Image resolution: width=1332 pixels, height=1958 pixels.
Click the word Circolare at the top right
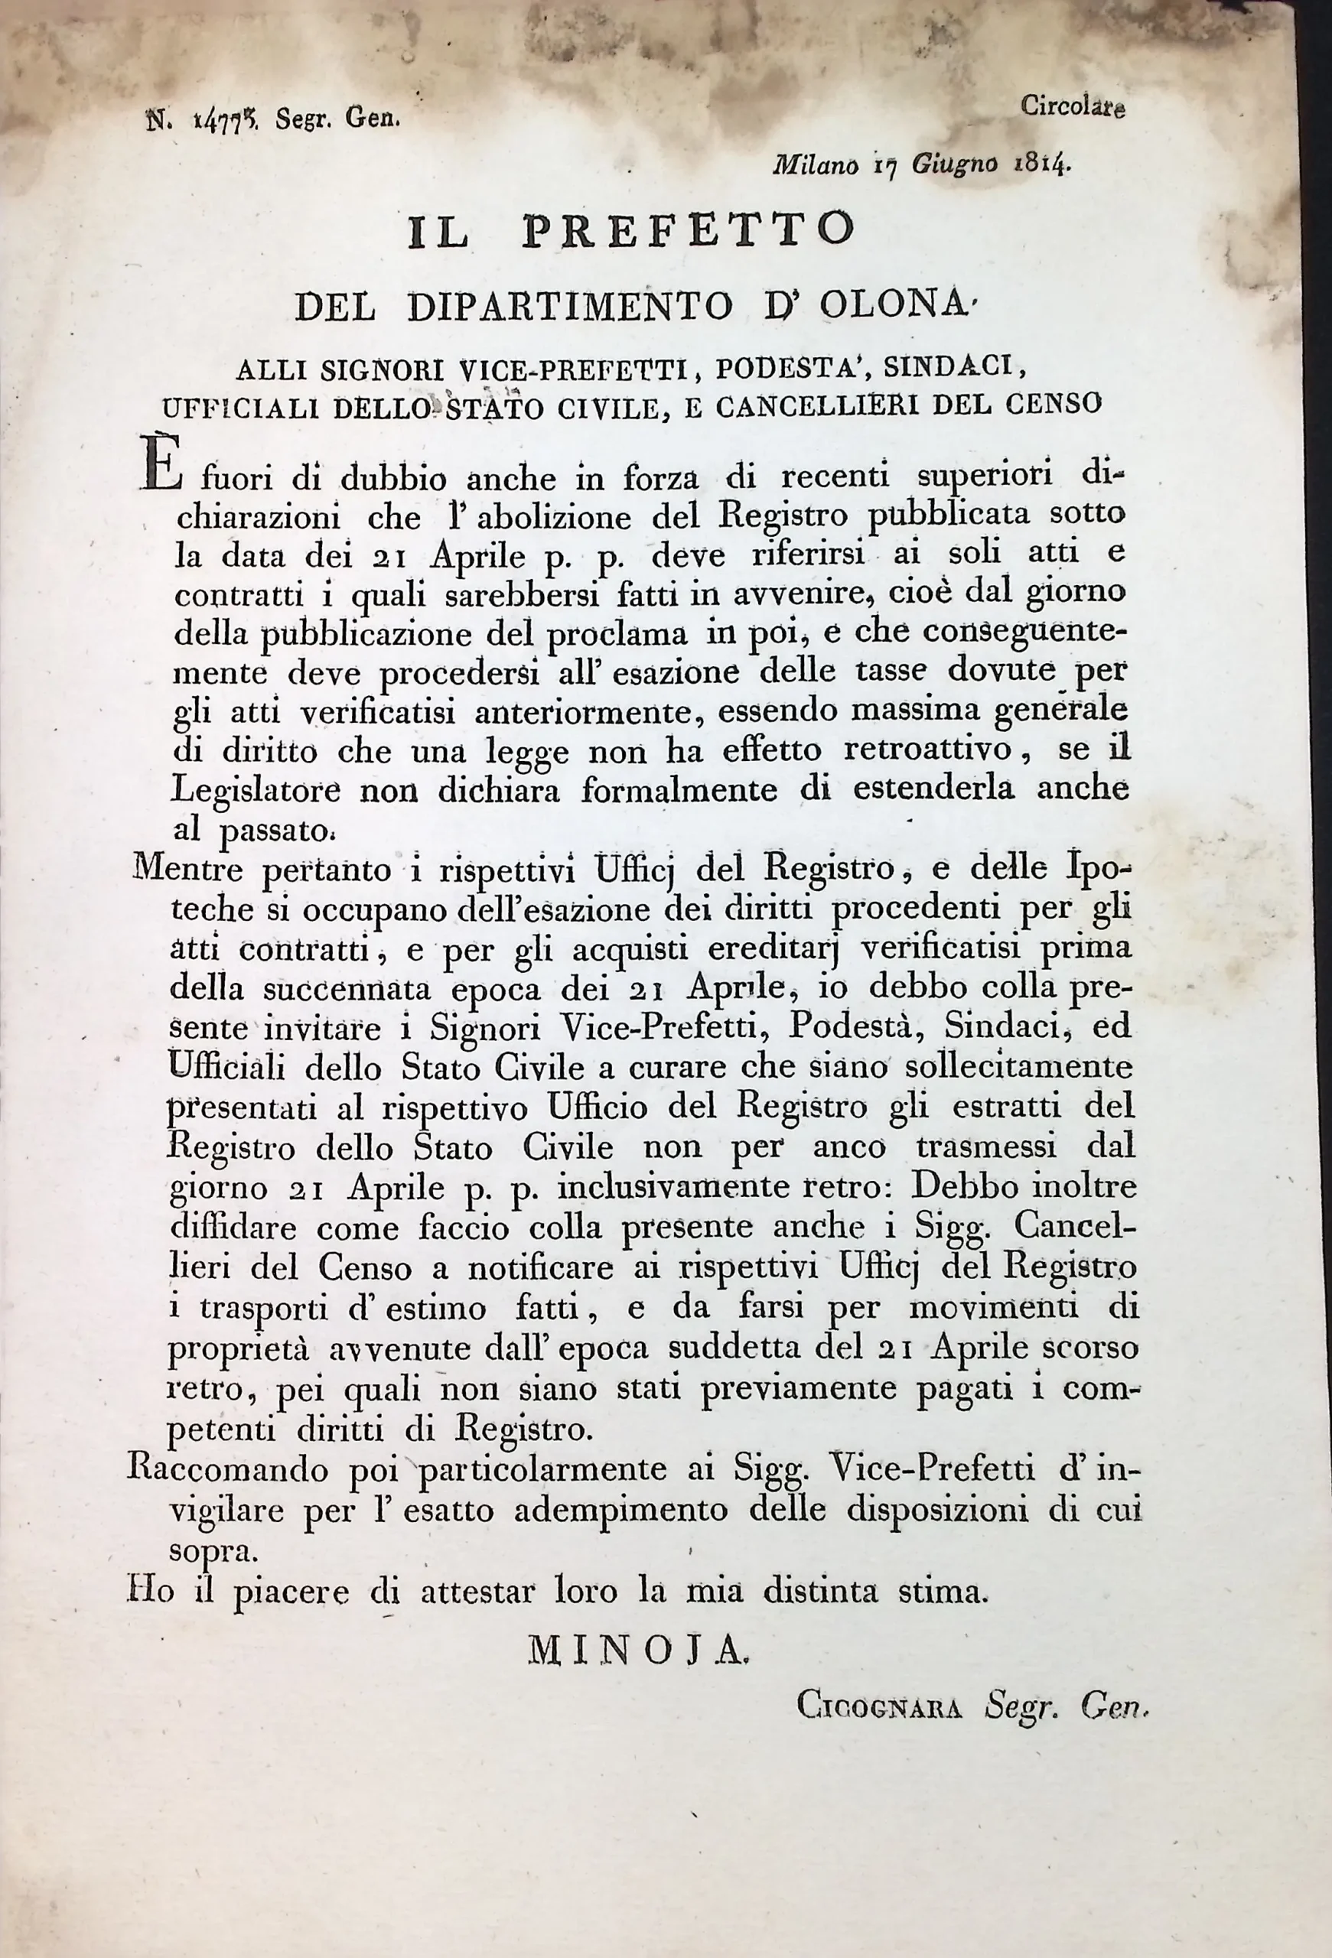1073,107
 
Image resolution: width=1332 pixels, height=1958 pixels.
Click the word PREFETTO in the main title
689,232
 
